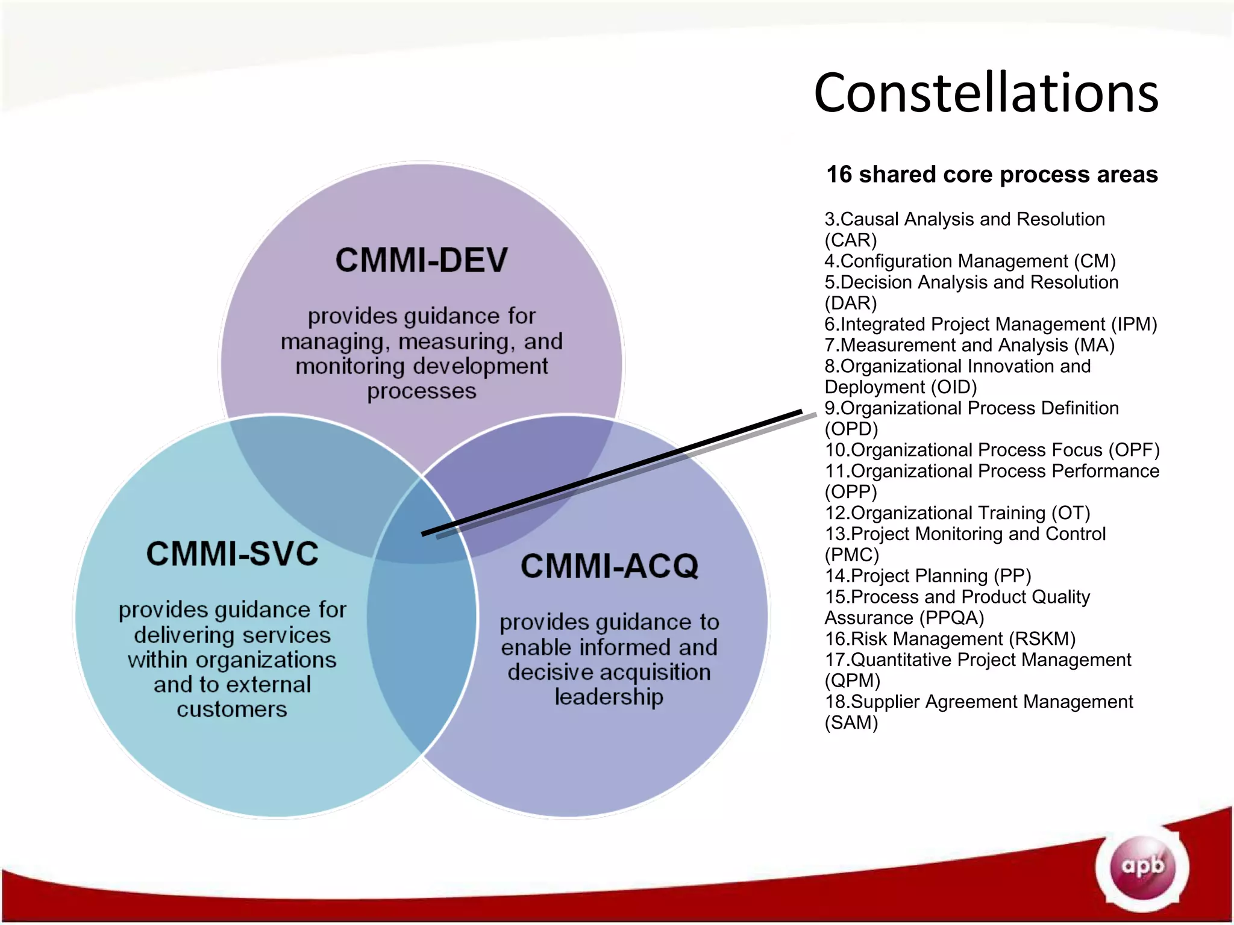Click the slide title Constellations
pos(986,93)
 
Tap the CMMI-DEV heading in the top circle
pos(421,260)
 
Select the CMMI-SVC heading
pos(232,553)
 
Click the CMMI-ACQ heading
pos(609,566)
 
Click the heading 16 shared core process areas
pos(992,175)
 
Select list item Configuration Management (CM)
pos(970,261)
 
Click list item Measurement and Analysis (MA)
pos(969,346)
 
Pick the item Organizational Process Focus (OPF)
pos(992,450)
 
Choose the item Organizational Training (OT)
pos(957,513)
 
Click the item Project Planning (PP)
pos(928,576)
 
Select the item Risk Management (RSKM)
pos(950,639)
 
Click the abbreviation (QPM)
pos(852,681)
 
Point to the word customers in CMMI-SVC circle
pos(232,709)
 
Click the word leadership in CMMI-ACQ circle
pos(609,697)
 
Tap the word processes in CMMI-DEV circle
pos(422,391)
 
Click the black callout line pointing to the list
pos(612,473)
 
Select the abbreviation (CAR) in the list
pos(850,241)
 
